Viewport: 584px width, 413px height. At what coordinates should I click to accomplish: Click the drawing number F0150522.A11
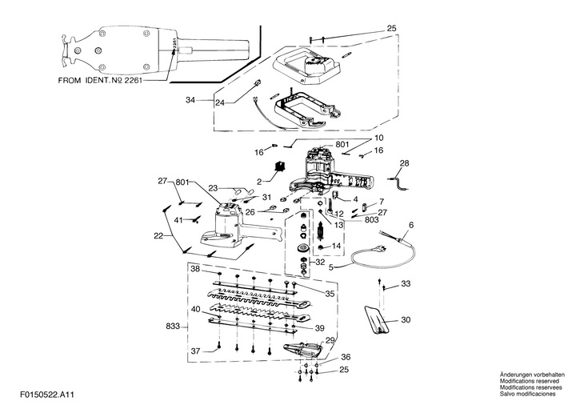pos(47,395)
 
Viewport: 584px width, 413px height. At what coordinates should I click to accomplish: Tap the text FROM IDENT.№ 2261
pos(100,81)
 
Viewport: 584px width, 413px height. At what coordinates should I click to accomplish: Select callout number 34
pos(190,100)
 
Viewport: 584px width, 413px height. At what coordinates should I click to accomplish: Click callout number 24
pos(220,102)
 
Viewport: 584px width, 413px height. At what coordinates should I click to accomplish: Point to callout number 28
pos(404,163)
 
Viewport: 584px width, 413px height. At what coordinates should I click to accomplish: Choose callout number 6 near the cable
pos(411,225)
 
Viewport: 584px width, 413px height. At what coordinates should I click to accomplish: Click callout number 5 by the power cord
pos(332,267)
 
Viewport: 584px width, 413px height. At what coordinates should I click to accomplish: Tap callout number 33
pos(406,284)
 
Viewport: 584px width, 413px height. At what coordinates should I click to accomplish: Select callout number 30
pos(406,320)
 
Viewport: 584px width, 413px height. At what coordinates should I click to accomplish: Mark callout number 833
pos(173,327)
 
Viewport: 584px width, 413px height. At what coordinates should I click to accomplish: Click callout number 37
pos(195,351)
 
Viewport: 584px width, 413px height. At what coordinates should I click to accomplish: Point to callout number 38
pos(195,269)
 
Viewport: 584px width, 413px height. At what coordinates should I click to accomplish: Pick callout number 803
pos(371,220)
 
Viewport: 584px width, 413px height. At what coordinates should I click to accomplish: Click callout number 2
pos(259,182)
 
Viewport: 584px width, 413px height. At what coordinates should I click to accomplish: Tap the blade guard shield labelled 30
pos(377,319)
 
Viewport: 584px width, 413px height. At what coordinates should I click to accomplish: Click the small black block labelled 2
pos(279,166)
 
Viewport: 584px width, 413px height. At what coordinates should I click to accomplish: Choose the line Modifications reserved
pos(530,381)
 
